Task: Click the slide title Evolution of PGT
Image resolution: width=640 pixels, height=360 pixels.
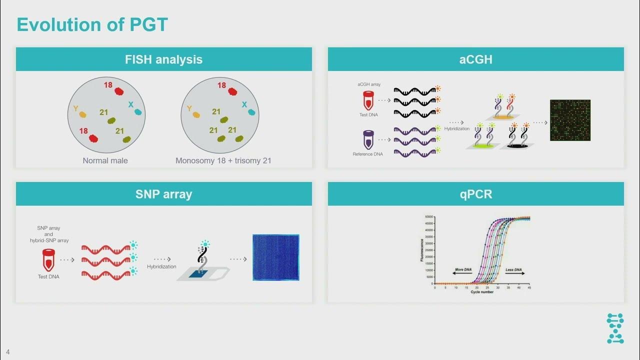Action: [92, 24]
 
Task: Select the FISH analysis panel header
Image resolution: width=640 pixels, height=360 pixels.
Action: [163, 59]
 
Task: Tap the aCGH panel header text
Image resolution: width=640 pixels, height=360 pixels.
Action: [475, 59]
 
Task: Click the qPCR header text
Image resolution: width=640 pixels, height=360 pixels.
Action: [475, 194]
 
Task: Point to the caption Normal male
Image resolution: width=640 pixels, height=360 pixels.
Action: [105, 160]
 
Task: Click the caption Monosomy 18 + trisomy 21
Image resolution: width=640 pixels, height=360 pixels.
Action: [223, 160]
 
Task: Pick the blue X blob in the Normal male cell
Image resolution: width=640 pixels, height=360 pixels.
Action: [137, 112]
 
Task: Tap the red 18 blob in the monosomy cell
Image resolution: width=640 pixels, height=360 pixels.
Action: [232, 91]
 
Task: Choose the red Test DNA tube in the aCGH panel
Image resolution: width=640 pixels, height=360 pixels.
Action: [368, 100]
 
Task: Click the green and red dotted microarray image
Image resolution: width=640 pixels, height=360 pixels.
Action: [570, 120]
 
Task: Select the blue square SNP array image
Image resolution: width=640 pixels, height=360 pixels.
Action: [275, 257]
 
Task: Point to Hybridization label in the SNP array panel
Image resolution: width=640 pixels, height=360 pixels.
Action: [161, 266]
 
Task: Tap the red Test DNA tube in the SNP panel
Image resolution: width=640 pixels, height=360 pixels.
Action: [48, 260]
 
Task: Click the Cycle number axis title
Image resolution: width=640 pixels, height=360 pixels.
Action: [481, 292]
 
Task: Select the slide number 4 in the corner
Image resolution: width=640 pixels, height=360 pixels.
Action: [8, 352]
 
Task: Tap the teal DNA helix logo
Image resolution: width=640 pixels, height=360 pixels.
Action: [615, 328]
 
